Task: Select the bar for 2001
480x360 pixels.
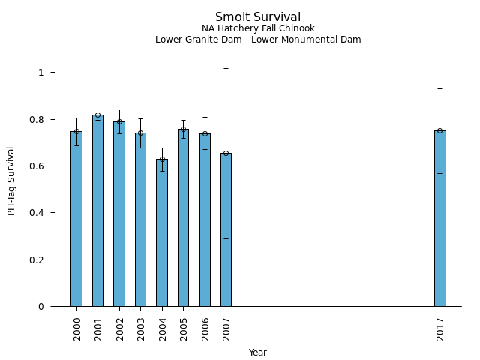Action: tap(97, 211)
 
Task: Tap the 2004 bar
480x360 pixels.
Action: tap(162, 232)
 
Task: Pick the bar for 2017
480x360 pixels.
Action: tap(439, 218)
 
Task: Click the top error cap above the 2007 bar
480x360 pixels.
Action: tap(226, 69)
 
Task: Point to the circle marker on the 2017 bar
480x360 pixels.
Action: tap(439, 130)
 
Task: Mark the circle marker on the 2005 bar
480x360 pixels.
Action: tap(183, 129)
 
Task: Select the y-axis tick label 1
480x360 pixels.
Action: tap(42, 73)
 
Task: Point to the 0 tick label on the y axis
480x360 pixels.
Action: tap(42, 307)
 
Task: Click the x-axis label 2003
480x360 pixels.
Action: tap(141, 329)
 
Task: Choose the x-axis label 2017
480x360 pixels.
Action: tap(440, 329)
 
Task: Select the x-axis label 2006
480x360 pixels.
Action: tap(205, 329)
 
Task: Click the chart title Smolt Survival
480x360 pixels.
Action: tap(258, 17)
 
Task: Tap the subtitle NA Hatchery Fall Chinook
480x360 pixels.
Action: tap(258, 29)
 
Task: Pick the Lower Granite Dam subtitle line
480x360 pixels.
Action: tap(258, 40)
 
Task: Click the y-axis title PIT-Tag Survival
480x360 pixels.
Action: tap(11, 181)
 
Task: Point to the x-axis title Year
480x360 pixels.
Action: tap(258, 352)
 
